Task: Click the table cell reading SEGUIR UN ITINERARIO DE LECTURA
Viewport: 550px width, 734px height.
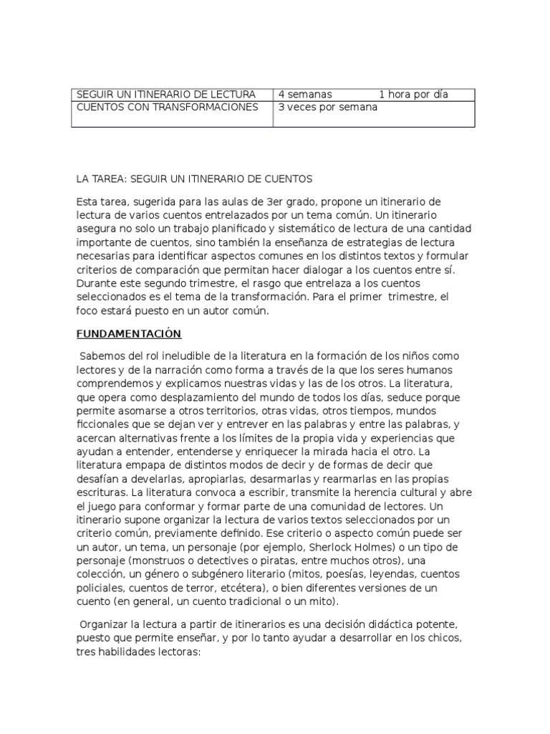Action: coord(165,95)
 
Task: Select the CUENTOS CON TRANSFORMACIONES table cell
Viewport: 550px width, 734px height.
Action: coord(168,108)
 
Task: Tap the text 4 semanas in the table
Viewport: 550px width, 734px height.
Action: coord(305,95)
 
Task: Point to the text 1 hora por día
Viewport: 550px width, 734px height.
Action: coord(414,95)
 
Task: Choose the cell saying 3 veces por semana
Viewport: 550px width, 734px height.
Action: coord(328,108)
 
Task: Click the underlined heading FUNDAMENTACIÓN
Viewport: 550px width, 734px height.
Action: coord(129,334)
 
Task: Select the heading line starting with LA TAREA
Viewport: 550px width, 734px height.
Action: coord(195,178)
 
